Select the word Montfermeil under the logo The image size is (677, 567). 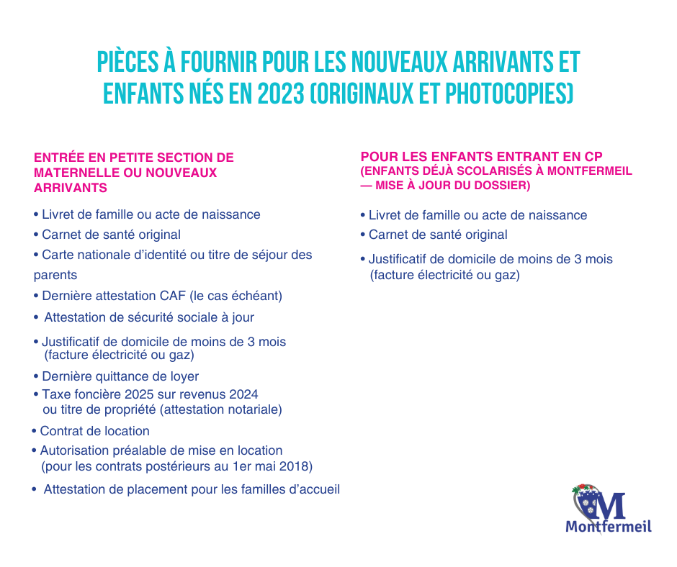609,527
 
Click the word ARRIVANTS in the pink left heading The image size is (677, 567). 70,188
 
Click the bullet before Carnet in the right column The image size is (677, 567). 363,235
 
